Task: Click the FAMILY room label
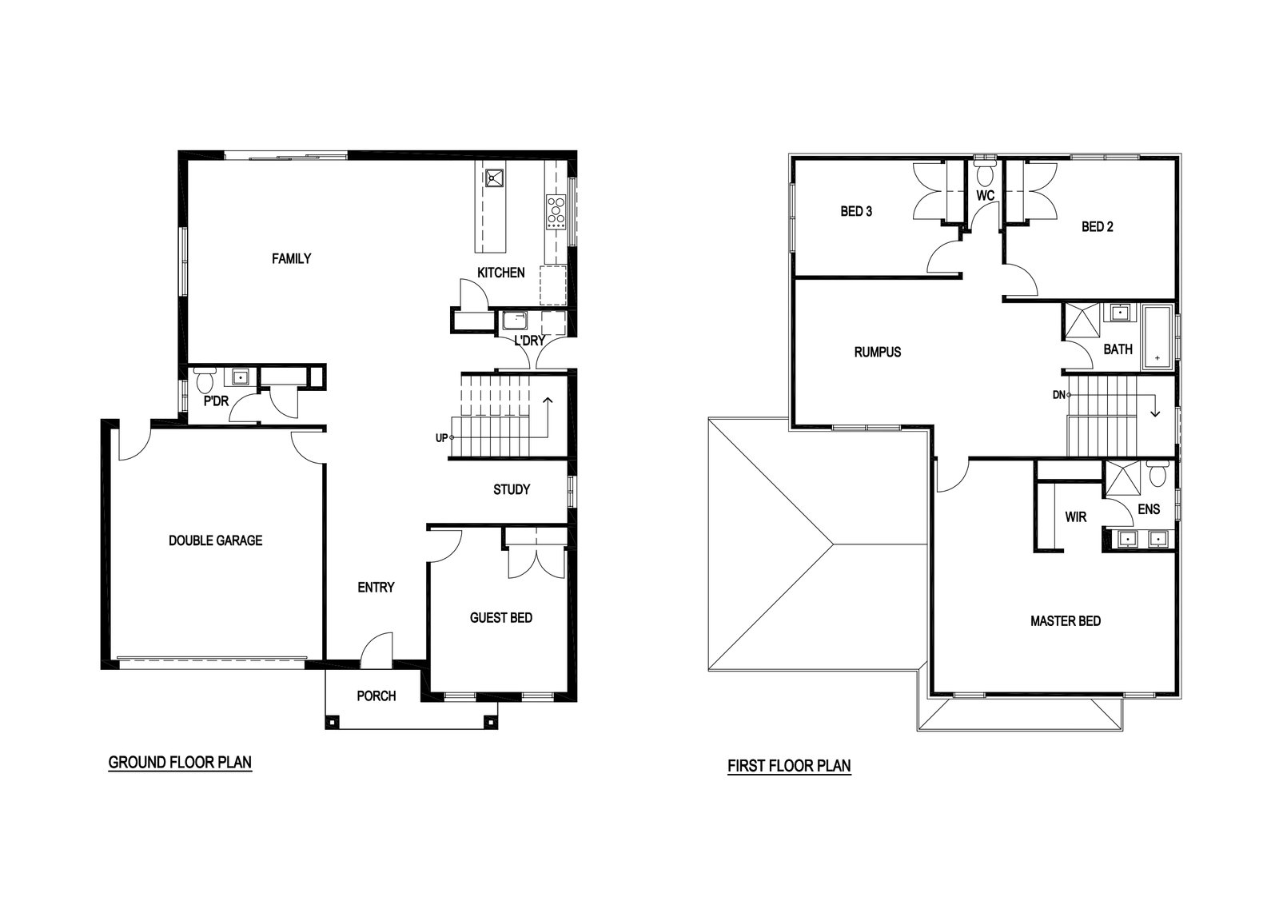[291, 259]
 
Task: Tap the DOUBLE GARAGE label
[215, 540]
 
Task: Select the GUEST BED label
[500, 617]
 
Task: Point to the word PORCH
[377, 696]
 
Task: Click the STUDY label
[512, 489]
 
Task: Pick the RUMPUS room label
[878, 353]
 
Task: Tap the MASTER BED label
[1066, 621]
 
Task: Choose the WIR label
[1076, 517]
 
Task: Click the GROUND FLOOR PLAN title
[180, 762]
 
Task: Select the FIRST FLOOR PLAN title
[789, 766]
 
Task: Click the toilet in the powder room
[205, 380]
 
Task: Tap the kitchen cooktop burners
[556, 212]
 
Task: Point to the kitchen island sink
[495, 177]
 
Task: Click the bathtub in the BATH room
[1157, 337]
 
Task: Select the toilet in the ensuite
[1158, 474]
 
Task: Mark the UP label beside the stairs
[441, 438]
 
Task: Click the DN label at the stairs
[1058, 395]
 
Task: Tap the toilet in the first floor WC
[984, 170]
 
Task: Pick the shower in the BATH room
[1082, 321]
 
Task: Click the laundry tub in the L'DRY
[515, 321]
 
